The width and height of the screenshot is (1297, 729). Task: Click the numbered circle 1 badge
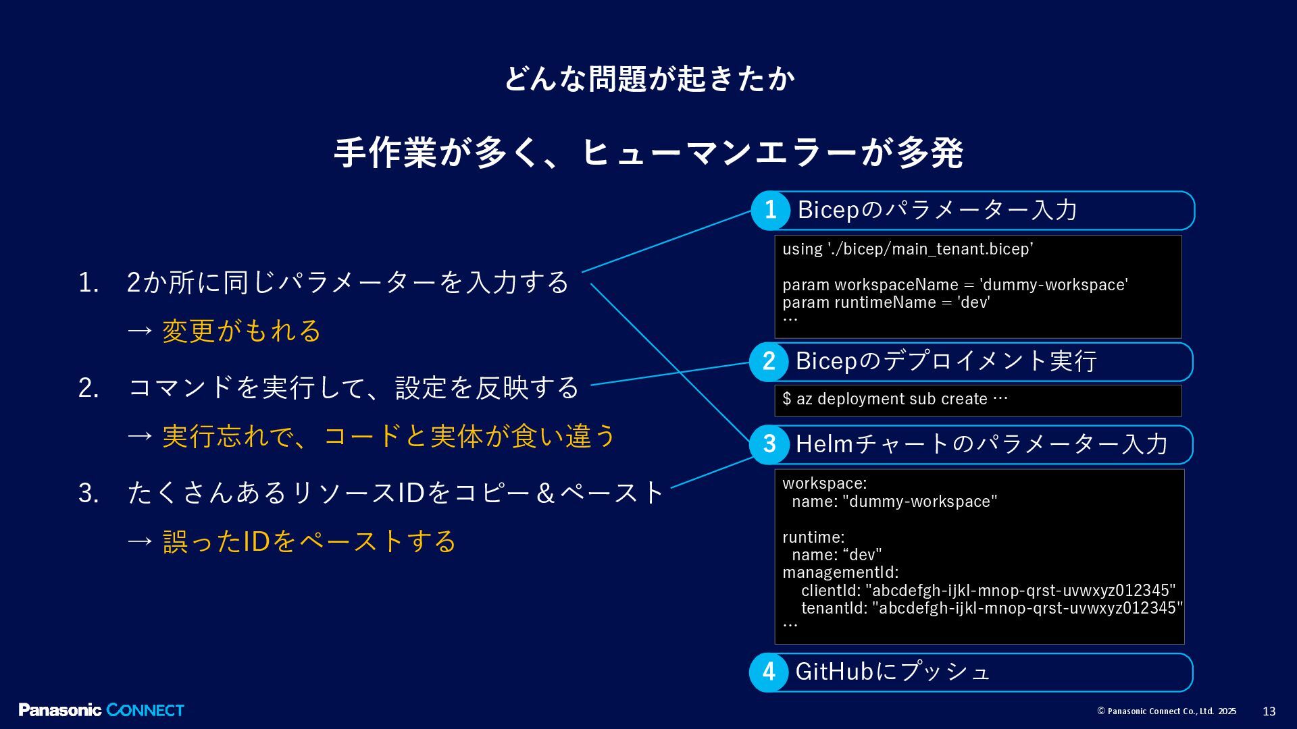pos(770,211)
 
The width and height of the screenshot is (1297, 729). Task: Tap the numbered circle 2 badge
pos(769,362)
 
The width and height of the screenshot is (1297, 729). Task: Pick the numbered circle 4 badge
pos(769,672)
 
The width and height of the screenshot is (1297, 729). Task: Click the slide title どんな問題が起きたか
pos(648,79)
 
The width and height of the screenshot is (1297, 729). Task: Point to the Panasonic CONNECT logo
pos(101,710)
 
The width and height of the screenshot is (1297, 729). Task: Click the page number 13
pos(1269,711)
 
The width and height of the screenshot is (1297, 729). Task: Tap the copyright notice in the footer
pos(1167,711)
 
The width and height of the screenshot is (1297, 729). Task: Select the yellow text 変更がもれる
pos(241,331)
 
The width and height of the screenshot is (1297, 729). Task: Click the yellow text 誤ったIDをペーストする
pos(309,541)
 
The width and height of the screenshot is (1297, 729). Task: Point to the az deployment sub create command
pos(894,399)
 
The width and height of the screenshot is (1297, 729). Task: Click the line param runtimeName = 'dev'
pos(886,302)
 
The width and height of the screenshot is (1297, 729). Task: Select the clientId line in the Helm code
pos(988,591)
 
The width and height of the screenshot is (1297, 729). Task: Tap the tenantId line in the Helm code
pos(992,608)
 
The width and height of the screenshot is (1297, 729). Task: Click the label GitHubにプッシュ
pos(892,672)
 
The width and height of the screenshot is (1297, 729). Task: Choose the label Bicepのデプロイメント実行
pos(946,361)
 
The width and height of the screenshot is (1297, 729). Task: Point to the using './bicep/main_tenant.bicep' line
pos(907,249)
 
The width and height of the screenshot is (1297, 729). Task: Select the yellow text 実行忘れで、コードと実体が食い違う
pos(388,436)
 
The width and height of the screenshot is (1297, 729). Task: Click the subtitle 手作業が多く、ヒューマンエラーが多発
pos(648,153)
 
